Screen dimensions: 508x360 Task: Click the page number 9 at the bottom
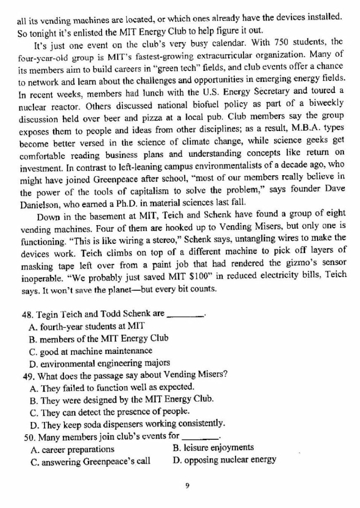pos(187,486)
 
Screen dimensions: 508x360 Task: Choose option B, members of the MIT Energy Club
pos(99,338)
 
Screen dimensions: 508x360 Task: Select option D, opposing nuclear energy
pos(224,460)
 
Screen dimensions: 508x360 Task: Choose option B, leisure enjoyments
pos(212,447)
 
